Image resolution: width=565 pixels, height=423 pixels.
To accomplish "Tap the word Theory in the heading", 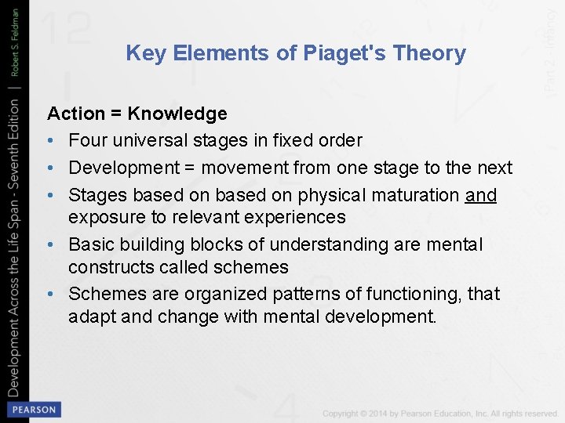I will point(429,53).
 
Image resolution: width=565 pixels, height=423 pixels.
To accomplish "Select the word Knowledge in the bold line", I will point(177,114).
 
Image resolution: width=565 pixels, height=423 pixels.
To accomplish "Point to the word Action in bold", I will point(75,114).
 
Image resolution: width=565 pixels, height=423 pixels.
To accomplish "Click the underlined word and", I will point(481,194).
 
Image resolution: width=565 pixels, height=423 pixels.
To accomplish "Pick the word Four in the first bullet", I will point(85,141).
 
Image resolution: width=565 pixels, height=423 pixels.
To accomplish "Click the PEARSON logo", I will point(33,409).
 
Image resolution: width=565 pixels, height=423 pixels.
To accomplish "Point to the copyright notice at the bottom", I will point(440,413).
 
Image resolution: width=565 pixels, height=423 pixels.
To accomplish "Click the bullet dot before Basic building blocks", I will point(52,245).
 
